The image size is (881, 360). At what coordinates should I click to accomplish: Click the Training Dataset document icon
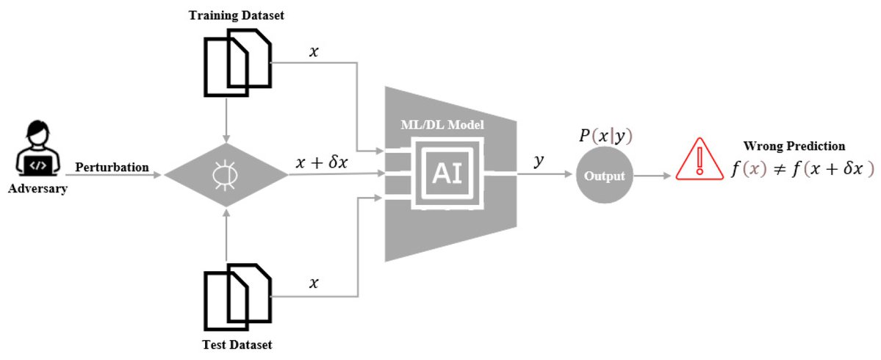click(237, 62)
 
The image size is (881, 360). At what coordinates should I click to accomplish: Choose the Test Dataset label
click(236, 345)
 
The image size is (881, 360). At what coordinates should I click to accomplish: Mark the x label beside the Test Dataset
click(314, 282)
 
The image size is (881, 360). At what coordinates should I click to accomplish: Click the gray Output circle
click(603, 176)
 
